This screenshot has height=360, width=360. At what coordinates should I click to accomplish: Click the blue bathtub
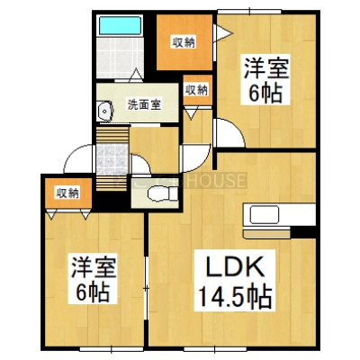coord(120,26)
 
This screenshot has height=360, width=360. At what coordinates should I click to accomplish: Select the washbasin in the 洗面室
coord(104,111)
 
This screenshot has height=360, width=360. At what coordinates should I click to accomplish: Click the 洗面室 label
coord(144,104)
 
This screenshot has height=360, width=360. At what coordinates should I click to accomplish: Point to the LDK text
coord(235,266)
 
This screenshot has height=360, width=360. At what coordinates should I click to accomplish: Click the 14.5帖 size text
coord(235,296)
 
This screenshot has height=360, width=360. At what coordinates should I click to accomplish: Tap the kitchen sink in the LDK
coord(265,214)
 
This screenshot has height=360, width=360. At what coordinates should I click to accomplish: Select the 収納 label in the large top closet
coord(184,42)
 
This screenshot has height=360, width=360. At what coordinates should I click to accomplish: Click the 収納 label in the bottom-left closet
coord(68,193)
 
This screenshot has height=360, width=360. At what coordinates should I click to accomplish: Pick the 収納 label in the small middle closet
coord(196,90)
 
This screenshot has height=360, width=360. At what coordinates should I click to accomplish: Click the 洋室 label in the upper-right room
coord(266,68)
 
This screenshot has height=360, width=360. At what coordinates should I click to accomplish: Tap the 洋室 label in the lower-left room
coord(94,267)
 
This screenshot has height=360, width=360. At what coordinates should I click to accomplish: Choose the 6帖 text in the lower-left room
coord(93,292)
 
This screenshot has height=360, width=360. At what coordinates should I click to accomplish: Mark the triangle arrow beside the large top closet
coord(222,32)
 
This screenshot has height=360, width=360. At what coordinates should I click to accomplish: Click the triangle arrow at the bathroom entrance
coord(137,75)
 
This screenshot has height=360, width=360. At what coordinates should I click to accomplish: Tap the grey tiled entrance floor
coord(112,159)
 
